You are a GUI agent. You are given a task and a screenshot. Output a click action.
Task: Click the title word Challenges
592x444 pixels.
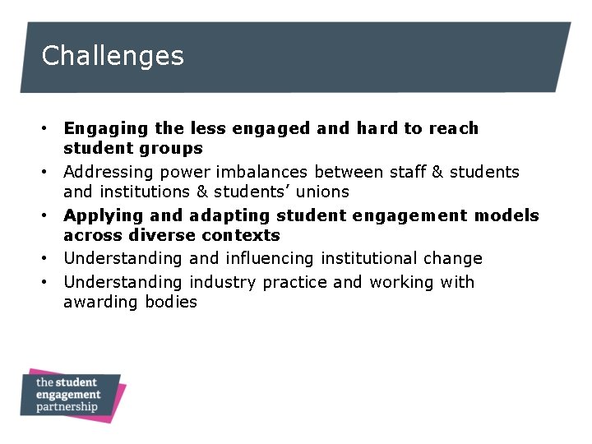113,56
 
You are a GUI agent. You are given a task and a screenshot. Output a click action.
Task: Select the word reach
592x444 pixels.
452,128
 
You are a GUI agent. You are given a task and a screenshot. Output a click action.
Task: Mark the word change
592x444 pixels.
452,259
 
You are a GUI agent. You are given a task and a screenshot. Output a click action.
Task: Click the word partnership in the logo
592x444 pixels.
67,406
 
